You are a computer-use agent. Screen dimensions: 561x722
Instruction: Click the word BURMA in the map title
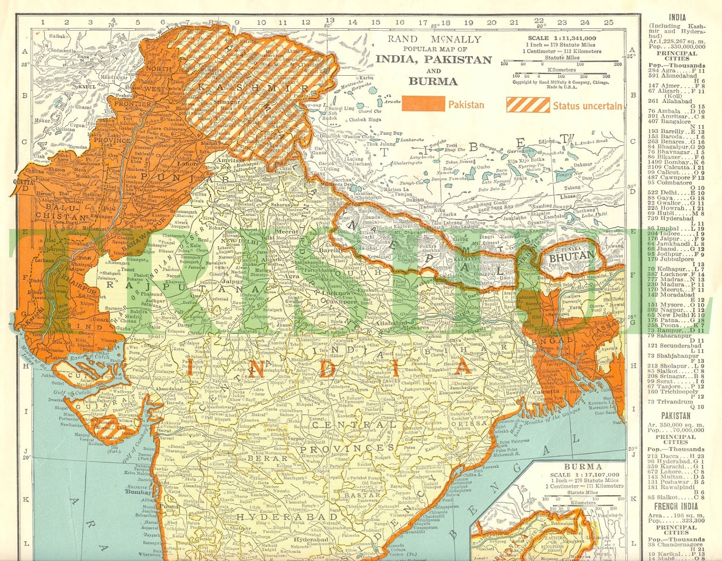pos(433,82)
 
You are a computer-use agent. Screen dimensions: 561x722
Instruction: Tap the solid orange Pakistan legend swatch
pos(423,104)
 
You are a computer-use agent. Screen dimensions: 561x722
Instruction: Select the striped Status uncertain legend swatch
pos(528,105)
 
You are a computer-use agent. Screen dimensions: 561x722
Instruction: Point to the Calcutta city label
pos(546,392)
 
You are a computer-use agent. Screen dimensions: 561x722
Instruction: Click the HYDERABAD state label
pos(287,516)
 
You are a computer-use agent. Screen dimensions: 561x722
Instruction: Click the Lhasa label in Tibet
pos(568,196)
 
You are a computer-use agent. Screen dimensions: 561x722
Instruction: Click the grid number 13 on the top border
pos(330,20)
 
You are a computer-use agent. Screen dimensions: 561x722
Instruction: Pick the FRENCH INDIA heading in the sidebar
pos(676,506)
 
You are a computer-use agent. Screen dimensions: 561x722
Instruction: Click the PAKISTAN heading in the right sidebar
pos(676,416)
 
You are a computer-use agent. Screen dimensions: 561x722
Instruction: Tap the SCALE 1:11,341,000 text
pos(562,38)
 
